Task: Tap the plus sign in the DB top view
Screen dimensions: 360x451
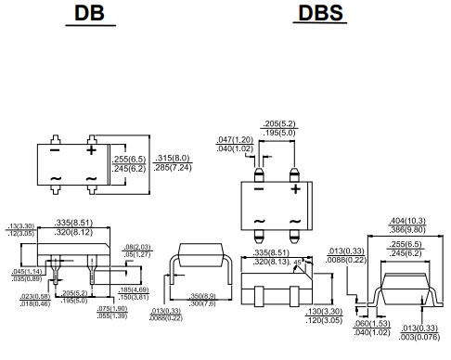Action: tap(92, 149)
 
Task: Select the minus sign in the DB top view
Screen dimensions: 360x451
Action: tap(55, 149)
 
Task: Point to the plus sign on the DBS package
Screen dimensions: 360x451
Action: tap(294, 188)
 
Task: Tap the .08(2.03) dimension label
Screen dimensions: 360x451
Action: tap(137, 248)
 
